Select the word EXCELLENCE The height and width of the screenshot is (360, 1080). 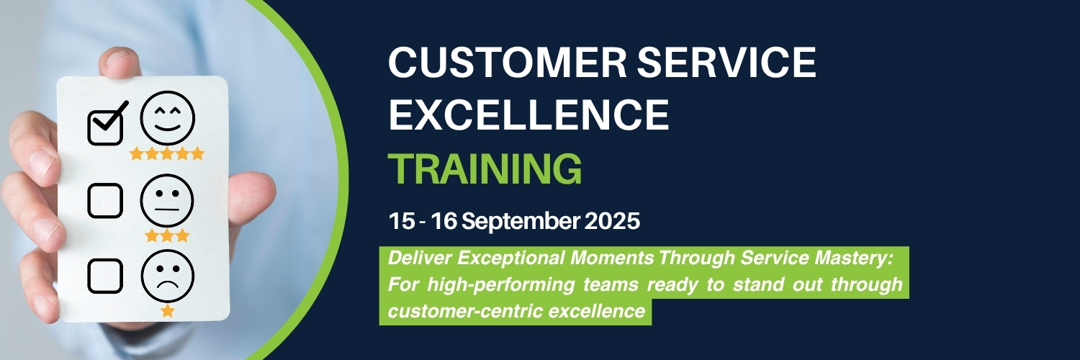[x=529, y=115]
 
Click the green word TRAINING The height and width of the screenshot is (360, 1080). [x=485, y=168]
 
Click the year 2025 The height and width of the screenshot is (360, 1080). [x=612, y=221]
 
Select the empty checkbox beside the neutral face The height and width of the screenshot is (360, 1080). [x=105, y=200]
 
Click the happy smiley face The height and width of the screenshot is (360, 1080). [x=167, y=120]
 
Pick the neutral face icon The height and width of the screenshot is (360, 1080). [x=167, y=199]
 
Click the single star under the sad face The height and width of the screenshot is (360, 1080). [x=168, y=310]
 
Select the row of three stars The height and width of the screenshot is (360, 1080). [x=167, y=235]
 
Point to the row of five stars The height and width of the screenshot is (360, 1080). [x=167, y=153]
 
